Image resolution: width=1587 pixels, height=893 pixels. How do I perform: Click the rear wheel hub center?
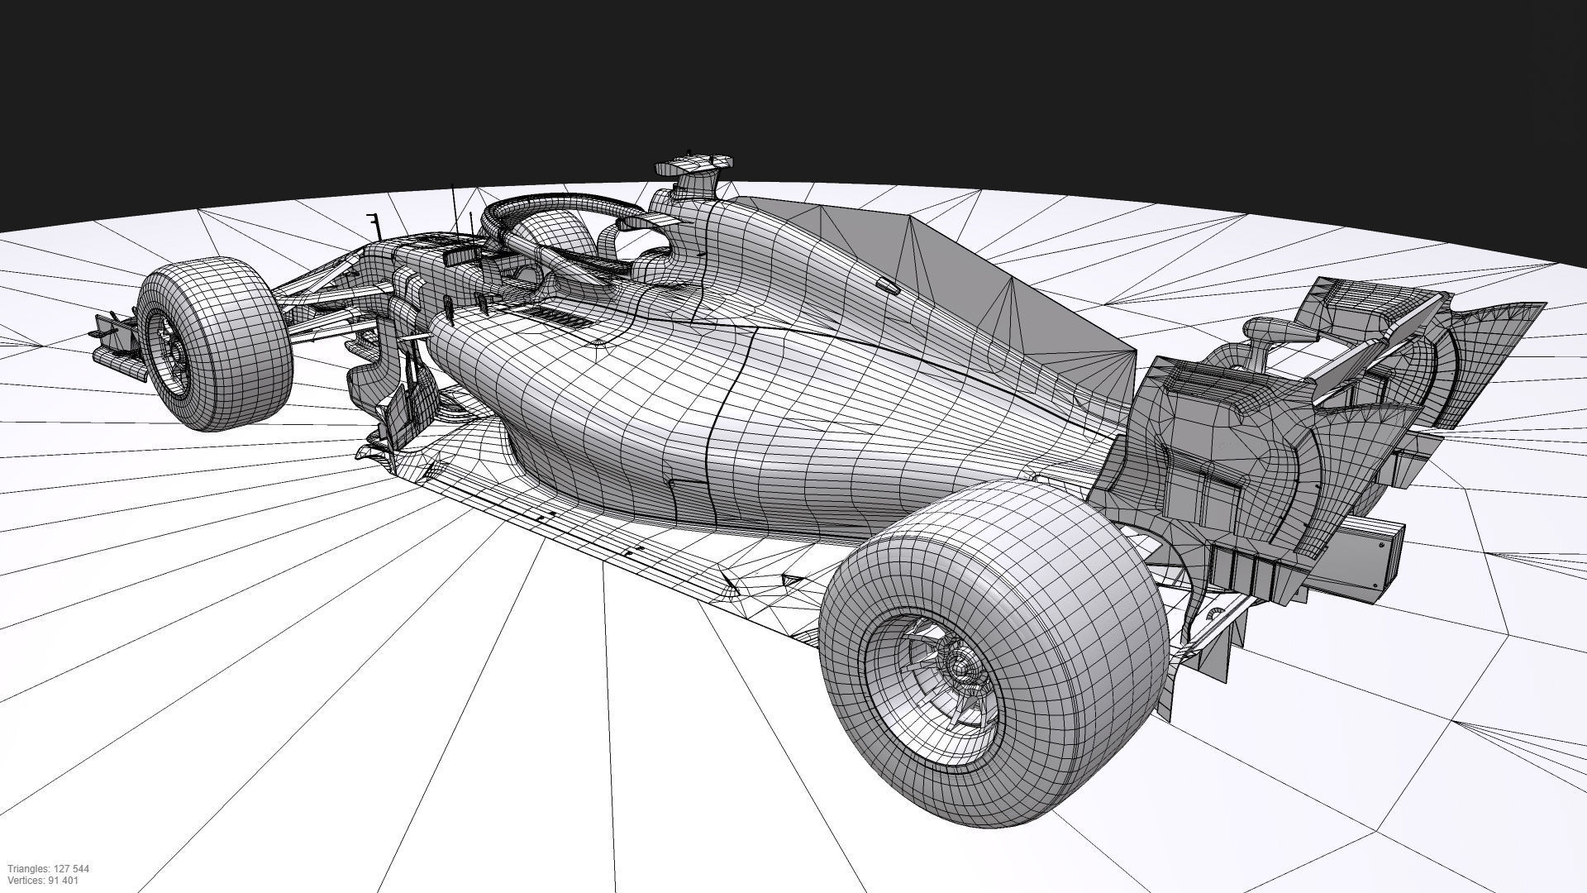click(x=959, y=664)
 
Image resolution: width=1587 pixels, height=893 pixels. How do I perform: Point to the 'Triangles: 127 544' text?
click(x=49, y=869)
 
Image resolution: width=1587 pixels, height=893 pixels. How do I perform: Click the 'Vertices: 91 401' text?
click(x=43, y=881)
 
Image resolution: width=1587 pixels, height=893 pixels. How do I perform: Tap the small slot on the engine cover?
click(x=887, y=286)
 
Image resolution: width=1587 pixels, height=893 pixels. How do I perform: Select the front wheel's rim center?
click(x=174, y=351)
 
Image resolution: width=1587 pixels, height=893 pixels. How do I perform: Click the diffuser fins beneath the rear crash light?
click(x=1248, y=571)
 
